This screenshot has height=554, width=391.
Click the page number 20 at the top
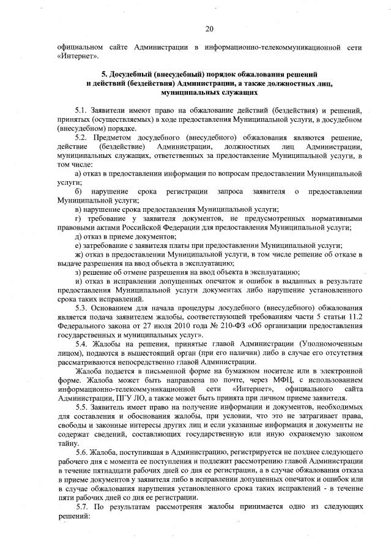click(x=209, y=29)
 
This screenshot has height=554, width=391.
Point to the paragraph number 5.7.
click(x=82, y=507)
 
